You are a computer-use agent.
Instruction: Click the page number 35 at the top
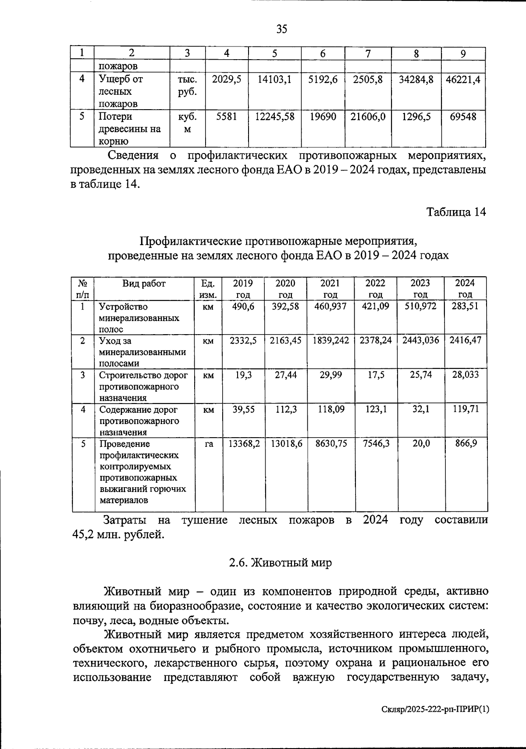(x=282, y=29)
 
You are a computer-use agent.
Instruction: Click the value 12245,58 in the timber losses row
(x=275, y=117)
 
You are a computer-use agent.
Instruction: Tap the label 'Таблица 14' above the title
(x=456, y=212)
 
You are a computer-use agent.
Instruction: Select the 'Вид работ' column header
(x=144, y=284)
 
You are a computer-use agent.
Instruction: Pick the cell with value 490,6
(x=243, y=307)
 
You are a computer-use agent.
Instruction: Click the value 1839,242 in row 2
(x=331, y=340)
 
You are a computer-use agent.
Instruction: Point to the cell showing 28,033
(x=465, y=374)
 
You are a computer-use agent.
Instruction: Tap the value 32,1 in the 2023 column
(x=420, y=409)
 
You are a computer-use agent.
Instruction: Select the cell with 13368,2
(x=244, y=443)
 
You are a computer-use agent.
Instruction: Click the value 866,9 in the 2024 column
(x=466, y=443)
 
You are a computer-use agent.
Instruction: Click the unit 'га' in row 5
(x=209, y=444)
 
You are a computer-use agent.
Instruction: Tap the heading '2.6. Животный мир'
(x=281, y=563)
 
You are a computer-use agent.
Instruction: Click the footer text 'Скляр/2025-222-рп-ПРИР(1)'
(x=434, y=721)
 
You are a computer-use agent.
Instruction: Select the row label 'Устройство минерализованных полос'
(x=139, y=318)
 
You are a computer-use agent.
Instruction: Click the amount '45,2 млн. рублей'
(x=118, y=535)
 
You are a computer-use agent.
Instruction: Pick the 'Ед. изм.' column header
(x=208, y=289)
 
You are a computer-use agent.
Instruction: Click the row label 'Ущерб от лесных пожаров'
(x=121, y=92)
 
